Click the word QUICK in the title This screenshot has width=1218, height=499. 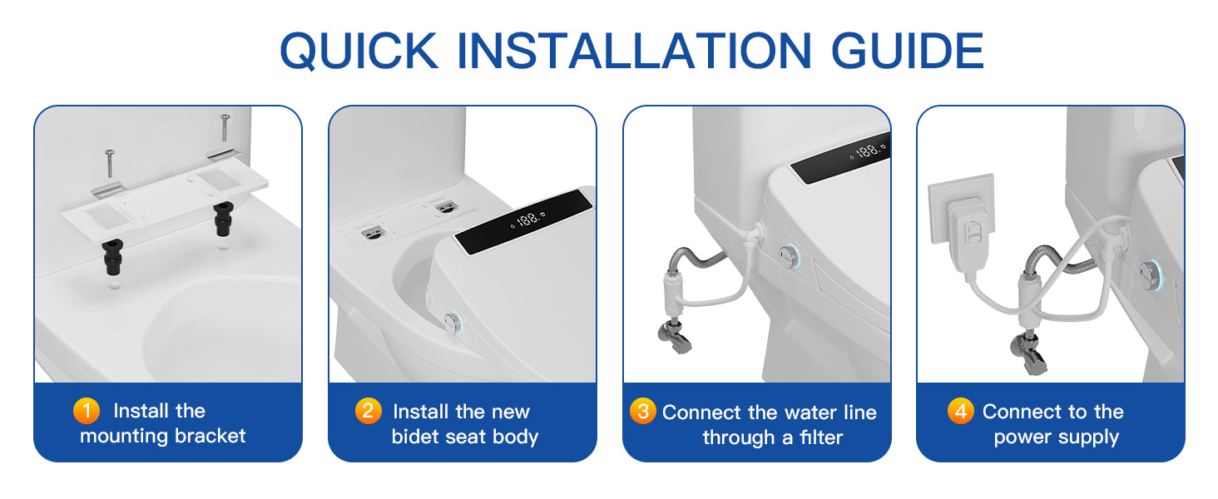pos(359,51)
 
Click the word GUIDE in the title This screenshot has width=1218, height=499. pos(908,51)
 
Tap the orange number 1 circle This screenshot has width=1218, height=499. pos(87,411)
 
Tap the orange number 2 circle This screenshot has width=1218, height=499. pos(368,411)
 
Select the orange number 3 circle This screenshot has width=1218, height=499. pos(643,411)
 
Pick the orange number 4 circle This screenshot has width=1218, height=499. pos(961,411)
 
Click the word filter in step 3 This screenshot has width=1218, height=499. pos(821,437)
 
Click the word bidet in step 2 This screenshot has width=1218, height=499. pos(414,437)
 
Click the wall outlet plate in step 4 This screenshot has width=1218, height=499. pos(961,210)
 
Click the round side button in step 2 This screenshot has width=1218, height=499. pos(453,324)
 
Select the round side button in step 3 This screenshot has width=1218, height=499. pos(789,256)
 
